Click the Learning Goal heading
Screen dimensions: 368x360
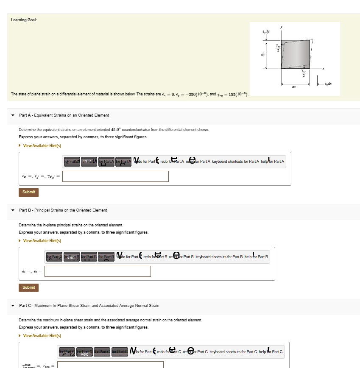pyautogui.click(x=24, y=20)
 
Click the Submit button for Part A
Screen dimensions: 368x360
pyautogui.click(x=28, y=192)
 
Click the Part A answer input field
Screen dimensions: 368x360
pyautogui.click(x=115, y=176)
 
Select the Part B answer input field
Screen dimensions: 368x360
pyautogui.click(x=98, y=271)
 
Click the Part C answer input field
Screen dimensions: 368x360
pyautogui.click(x=110, y=365)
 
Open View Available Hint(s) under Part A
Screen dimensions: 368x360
pyautogui.click(x=42, y=146)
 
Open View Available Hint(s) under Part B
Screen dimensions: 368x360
pyautogui.click(x=42, y=241)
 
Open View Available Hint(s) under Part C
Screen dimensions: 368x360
pyautogui.click(x=42, y=336)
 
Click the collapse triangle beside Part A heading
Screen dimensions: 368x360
pyautogui.click(x=13, y=115)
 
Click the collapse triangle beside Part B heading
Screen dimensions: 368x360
pyautogui.click(x=13, y=210)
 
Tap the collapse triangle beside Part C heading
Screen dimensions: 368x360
pyautogui.click(x=13, y=306)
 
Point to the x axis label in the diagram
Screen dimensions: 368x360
pyautogui.click(x=323, y=68)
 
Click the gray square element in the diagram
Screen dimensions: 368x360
pyautogui.click(x=295, y=54)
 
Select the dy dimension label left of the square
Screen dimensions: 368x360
pyautogui.click(x=263, y=54)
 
